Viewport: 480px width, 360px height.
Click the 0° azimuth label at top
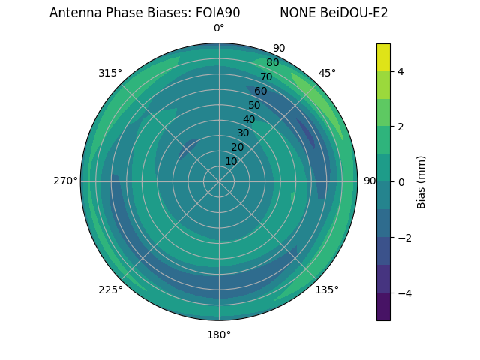(219, 28)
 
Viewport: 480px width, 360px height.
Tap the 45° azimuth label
(327, 73)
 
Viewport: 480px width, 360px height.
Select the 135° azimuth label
(327, 289)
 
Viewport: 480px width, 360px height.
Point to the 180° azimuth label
(219, 334)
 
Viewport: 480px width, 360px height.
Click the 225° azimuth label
(110, 289)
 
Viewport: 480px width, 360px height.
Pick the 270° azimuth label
(65, 181)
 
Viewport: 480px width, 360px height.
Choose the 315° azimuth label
(110, 73)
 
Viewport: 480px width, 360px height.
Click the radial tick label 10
(231, 161)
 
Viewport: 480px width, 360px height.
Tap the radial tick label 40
(249, 119)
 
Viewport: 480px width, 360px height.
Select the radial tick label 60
(261, 91)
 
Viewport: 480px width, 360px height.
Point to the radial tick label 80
(273, 63)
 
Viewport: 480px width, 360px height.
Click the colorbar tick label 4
(401, 71)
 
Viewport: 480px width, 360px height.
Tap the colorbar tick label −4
(403, 293)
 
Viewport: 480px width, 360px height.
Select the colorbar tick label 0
(401, 182)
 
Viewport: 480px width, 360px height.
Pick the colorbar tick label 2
(401, 127)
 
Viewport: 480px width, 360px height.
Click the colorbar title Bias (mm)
(421, 182)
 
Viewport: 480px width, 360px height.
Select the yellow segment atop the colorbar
(383, 57)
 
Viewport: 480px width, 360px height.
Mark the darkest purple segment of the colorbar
(383, 307)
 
